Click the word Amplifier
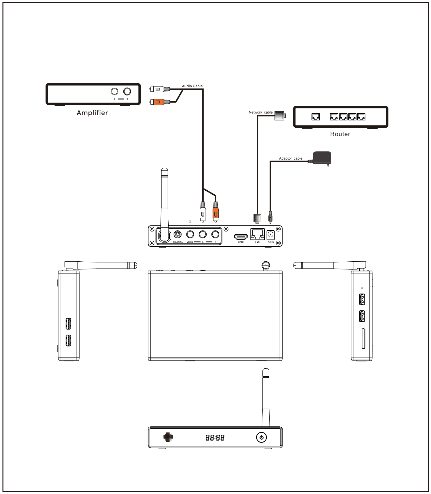point(92,113)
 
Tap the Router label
point(340,134)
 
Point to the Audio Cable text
point(192,86)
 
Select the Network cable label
point(261,112)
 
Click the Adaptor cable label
point(291,158)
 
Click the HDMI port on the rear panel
point(241,237)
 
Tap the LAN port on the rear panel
point(258,234)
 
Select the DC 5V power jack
point(270,235)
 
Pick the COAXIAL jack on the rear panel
point(178,234)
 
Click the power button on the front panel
point(261,438)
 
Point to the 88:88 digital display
point(215,438)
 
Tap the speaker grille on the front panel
point(168,437)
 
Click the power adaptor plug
point(321,158)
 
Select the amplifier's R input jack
point(127,91)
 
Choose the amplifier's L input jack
point(115,91)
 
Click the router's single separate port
point(316,117)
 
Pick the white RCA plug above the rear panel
point(203,212)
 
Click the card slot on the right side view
point(363,338)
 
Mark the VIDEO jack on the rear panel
point(190,234)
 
